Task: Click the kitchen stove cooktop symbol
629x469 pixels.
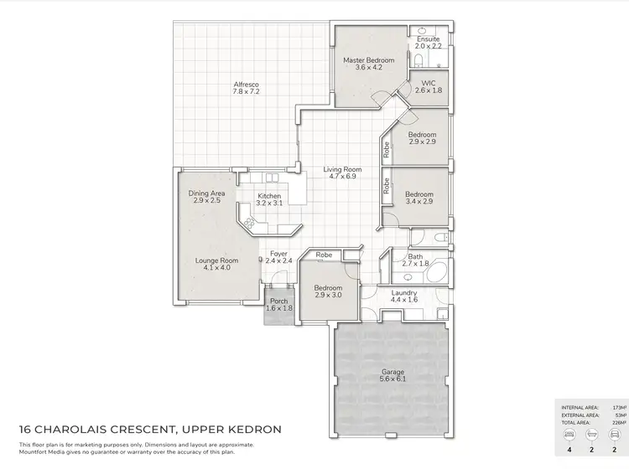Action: (249, 223)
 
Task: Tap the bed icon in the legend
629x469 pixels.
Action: (570, 436)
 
